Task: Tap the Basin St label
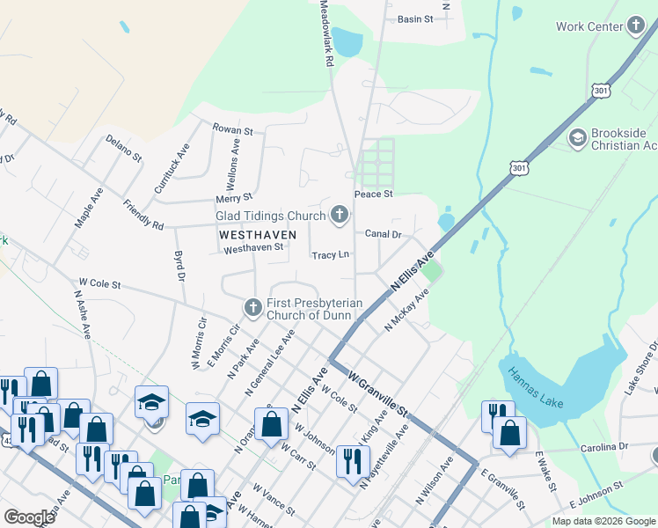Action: point(415,18)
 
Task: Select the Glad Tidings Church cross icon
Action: point(340,214)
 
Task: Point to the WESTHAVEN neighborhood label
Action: point(251,235)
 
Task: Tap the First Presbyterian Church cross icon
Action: point(252,307)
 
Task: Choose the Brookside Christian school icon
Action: point(578,137)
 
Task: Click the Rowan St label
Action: point(232,129)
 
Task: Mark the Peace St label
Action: point(372,194)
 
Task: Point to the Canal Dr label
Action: point(384,235)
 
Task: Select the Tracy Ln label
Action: point(331,255)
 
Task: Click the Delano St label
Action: point(123,148)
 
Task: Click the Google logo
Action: point(29,517)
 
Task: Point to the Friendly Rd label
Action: point(143,215)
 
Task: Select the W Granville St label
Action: point(378,394)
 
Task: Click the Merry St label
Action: point(235,197)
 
